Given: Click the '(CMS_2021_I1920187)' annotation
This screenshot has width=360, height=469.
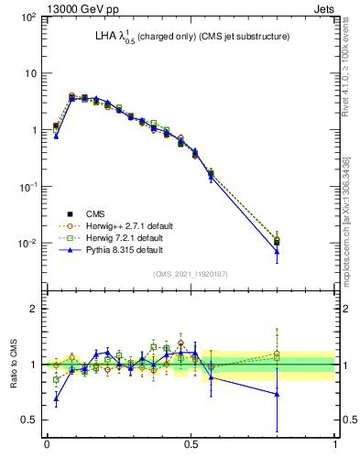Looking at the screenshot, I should [x=190, y=274].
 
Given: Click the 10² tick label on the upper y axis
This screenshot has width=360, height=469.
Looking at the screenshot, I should [x=28, y=17].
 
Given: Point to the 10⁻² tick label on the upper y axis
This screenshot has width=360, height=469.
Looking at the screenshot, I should [x=28, y=244].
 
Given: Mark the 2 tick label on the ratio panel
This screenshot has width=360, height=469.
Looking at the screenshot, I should [x=35, y=309].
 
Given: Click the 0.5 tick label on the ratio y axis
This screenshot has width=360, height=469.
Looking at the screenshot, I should [x=30, y=420].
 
